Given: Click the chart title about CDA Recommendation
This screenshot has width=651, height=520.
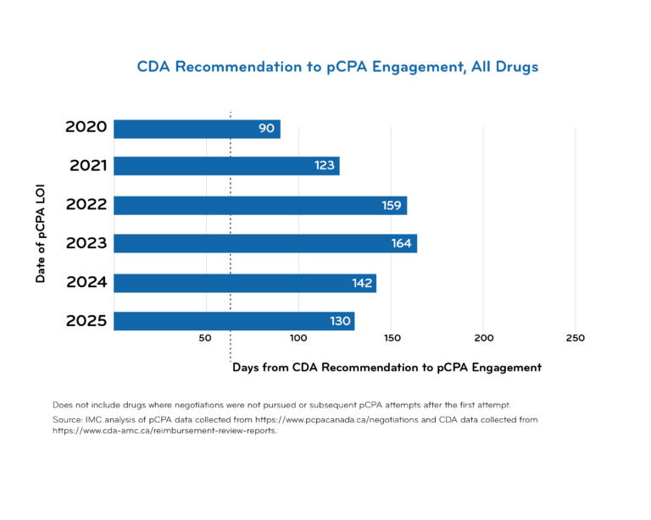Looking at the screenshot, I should tap(337, 67).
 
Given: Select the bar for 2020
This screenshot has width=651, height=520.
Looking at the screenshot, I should tap(197, 129).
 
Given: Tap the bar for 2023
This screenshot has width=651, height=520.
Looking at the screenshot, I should tap(264, 244).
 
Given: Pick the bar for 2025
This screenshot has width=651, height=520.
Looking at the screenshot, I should tap(233, 321).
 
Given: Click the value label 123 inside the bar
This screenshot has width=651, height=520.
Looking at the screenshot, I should tap(325, 166).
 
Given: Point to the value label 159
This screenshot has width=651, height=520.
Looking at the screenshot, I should tap(392, 205).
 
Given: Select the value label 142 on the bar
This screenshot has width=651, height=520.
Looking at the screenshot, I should tap(362, 283).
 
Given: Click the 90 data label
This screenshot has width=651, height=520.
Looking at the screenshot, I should tap(266, 129).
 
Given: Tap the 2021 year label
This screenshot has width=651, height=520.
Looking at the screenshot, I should tap(87, 166).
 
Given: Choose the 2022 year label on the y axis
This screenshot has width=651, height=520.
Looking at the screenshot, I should tap(86, 205).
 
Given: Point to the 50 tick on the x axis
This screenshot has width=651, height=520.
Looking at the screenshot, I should tap(205, 338).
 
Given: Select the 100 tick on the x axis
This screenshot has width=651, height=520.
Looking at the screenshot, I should tap(298, 338).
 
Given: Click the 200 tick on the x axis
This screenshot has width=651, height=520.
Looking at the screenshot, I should tap(483, 338).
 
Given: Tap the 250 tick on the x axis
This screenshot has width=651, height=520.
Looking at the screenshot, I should tap(575, 338).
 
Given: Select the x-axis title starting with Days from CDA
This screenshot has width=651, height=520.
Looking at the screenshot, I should tap(387, 368).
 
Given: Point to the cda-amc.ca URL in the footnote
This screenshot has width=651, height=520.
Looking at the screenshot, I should tap(164, 430).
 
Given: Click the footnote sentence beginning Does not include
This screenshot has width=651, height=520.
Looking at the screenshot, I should tap(281, 404).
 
